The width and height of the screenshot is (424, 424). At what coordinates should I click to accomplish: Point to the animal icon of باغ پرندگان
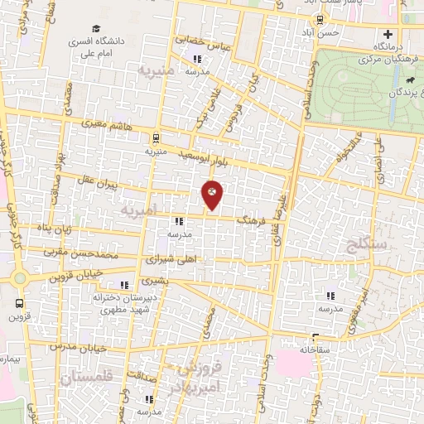point(412,79)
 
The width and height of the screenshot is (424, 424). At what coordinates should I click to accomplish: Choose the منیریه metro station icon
point(156,139)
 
